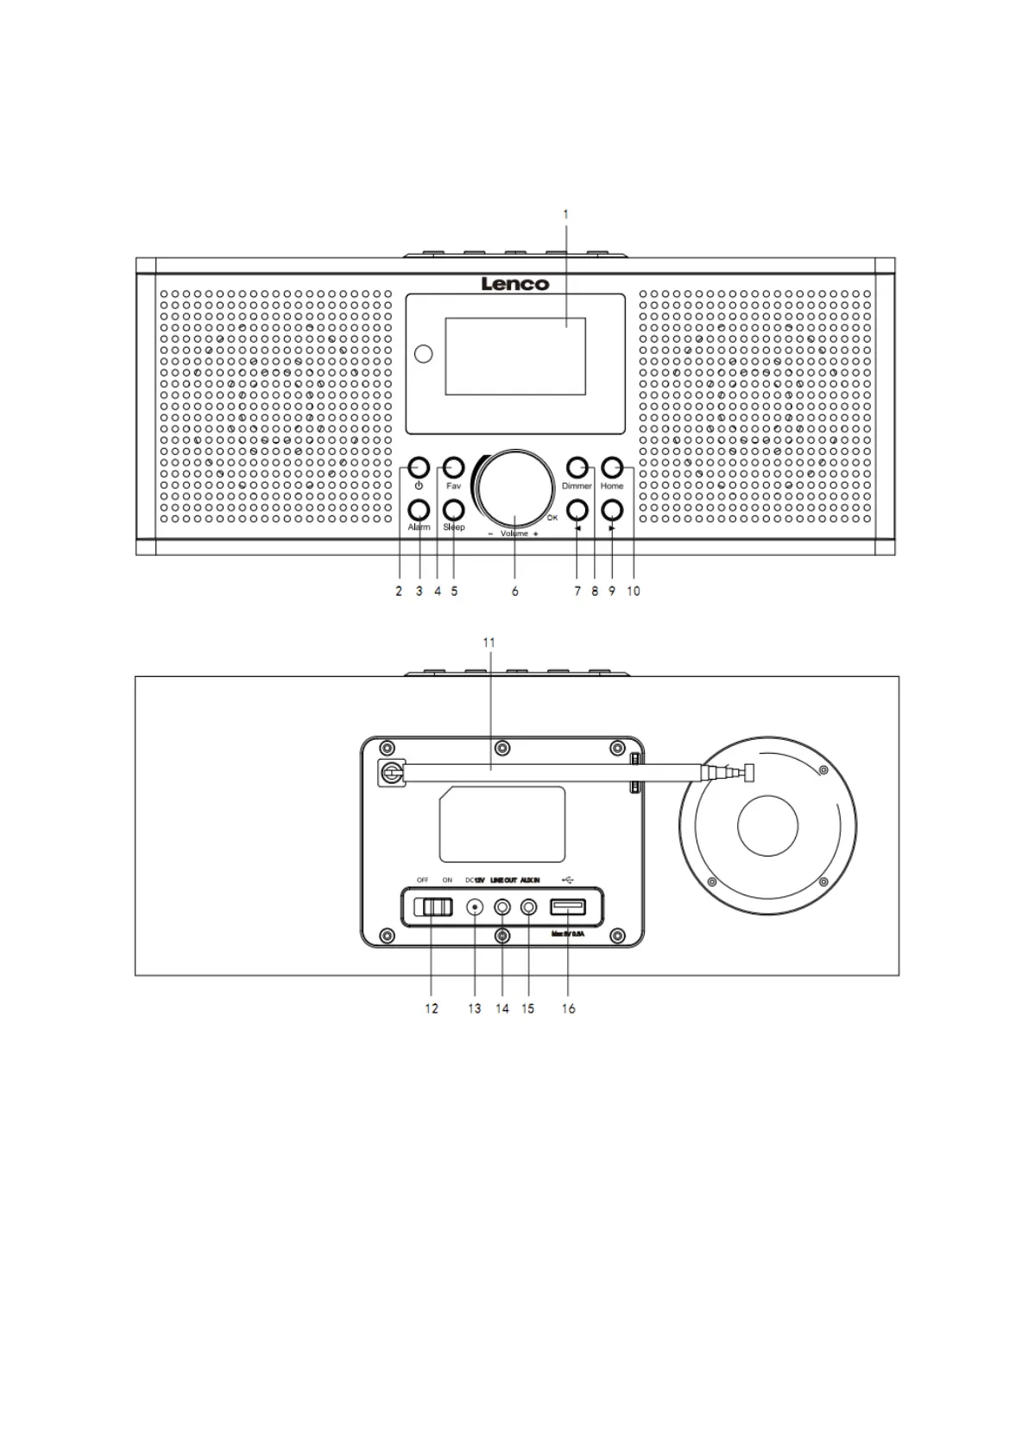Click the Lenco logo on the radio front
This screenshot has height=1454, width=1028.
pyautogui.click(x=514, y=283)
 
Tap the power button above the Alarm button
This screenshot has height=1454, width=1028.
pyautogui.click(x=419, y=469)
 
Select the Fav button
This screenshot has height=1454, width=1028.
pyautogui.click(x=453, y=469)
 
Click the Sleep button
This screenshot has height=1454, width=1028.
pyautogui.click(x=453, y=509)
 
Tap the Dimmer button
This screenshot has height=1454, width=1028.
pyautogui.click(x=577, y=468)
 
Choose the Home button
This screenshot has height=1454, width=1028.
pyautogui.click(x=612, y=468)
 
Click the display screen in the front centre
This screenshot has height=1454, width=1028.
pyautogui.click(x=515, y=356)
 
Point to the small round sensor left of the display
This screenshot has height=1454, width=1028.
pyautogui.click(x=424, y=354)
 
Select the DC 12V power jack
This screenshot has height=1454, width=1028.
pyautogui.click(x=475, y=907)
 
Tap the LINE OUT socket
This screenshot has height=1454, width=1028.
pyautogui.click(x=502, y=907)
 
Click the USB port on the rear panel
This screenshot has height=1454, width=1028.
pyautogui.click(x=568, y=907)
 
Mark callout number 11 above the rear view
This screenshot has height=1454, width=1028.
pyautogui.click(x=489, y=642)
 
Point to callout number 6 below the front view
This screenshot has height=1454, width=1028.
pyautogui.click(x=515, y=591)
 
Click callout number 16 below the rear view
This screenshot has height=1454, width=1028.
pyautogui.click(x=569, y=1008)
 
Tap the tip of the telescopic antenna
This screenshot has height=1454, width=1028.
pyautogui.click(x=748, y=773)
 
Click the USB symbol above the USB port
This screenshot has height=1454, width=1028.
pyautogui.click(x=567, y=880)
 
